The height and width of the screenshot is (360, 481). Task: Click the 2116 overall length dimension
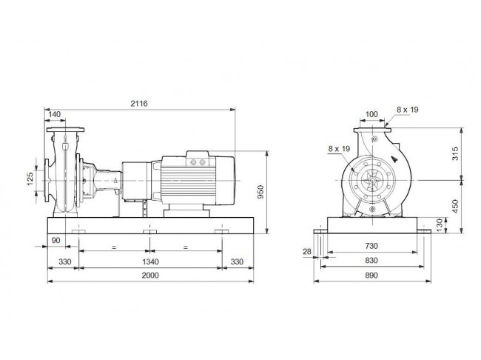pyautogui.click(x=139, y=104)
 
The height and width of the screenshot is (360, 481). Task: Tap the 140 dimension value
pyautogui.click(x=55, y=114)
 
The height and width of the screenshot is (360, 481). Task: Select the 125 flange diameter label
pyautogui.click(x=30, y=179)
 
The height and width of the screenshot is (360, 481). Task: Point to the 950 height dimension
pyautogui.click(x=260, y=192)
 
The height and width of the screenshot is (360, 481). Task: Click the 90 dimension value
pyautogui.click(x=55, y=240)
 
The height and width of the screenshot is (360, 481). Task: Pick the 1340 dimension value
pyautogui.click(x=150, y=261)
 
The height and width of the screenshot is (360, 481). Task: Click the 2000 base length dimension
pyautogui.click(x=150, y=276)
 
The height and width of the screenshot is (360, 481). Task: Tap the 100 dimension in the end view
pyautogui.click(x=371, y=114)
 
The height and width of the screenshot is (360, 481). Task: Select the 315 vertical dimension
pyautogui.click(x=456, y=153)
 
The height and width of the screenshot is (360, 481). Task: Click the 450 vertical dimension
pyautogui.click(x=456, y=206)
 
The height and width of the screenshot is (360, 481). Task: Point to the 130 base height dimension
pyautogui.click(x=440, y=225)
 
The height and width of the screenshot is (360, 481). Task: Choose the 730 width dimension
pyautogui.click(x=371, y=246)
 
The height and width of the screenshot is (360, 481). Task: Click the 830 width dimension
pyautogui.click(x=371, y=261)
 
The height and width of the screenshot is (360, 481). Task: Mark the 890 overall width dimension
pyautogui.click(x=371, y=276)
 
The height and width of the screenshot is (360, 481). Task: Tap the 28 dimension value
pyautogui.click(x=307, y=252)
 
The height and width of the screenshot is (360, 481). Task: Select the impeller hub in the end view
pyautogui.click(x=372, y=180)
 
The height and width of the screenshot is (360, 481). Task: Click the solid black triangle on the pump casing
pyautogui.click(x=395, y=159)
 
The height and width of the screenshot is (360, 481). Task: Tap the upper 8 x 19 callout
pyautogui.click(x=408, y=110)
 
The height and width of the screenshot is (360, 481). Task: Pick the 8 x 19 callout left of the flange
pyautogui.click(x=339, y=149)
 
